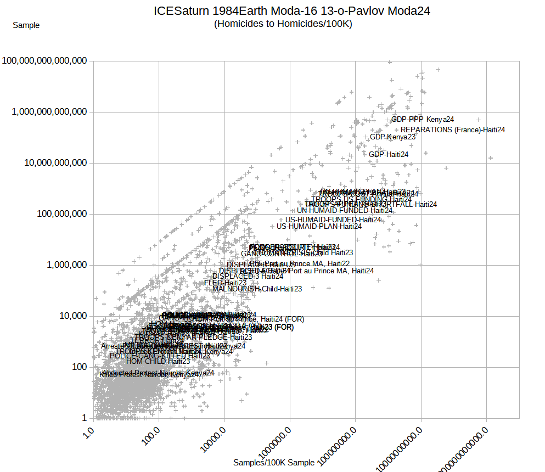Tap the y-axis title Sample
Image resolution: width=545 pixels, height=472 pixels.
click(x=26, y=25)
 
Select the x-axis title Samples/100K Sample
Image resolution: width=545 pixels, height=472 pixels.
click(x=274, y=463)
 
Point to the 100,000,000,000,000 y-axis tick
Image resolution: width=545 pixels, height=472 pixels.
click(x=44, y=61)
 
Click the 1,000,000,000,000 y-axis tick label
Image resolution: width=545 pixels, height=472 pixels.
click(x=49, y=112)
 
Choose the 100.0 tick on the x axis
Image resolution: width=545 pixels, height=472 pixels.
click(x=150, y=436)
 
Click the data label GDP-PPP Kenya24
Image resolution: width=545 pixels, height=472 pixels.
click(x=423, y=119)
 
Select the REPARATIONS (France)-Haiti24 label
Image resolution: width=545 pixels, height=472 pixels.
click(x=453, y=130)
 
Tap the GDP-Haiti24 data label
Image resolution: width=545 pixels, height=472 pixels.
click(x=389, y=154)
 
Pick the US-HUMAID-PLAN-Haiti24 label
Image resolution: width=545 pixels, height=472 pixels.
click(x=319, y=226)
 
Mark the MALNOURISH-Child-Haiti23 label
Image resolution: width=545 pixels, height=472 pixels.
click(x=257, y=289)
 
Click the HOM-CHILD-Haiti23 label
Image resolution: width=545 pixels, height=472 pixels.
click(x=158, y=361)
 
